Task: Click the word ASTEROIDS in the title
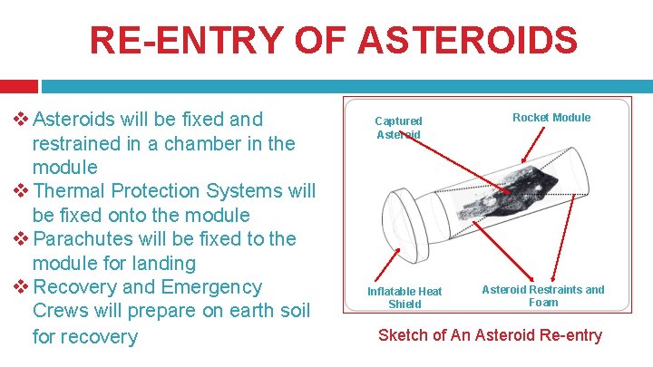pos(468,41)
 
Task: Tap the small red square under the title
pos(18,86)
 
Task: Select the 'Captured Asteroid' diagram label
pos(398,128)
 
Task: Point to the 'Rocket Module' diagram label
pos(551,117)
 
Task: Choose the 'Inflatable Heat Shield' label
pos(404,297)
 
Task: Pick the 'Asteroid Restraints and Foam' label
pos(542,295)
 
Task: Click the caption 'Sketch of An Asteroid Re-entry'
pos(490,335)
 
